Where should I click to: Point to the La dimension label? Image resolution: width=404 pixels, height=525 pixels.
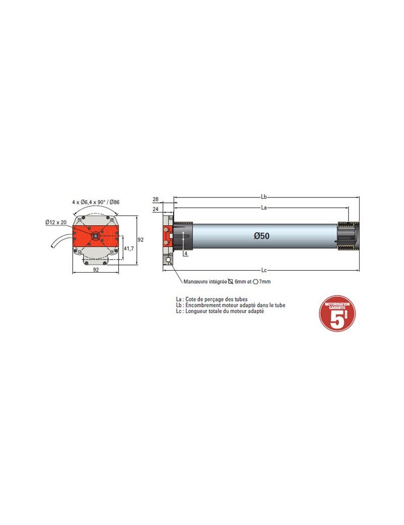264,207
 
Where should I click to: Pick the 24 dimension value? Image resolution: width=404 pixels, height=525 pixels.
155,209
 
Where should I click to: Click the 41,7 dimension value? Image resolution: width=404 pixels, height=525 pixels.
130,248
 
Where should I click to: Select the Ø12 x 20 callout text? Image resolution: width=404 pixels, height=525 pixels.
56,222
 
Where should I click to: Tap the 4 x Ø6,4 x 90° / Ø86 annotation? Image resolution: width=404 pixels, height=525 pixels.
96,202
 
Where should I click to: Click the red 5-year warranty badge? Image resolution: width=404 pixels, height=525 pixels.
337,313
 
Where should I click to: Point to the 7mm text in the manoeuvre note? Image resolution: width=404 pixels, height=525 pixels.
265,282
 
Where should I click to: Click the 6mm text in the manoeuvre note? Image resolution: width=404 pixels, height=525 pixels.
240,282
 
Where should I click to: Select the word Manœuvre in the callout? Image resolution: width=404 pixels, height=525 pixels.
196,282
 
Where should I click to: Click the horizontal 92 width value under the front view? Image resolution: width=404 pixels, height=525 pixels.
96,270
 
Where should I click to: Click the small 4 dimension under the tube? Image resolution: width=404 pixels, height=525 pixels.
186,254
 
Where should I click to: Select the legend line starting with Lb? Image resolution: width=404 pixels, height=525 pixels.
227,305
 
